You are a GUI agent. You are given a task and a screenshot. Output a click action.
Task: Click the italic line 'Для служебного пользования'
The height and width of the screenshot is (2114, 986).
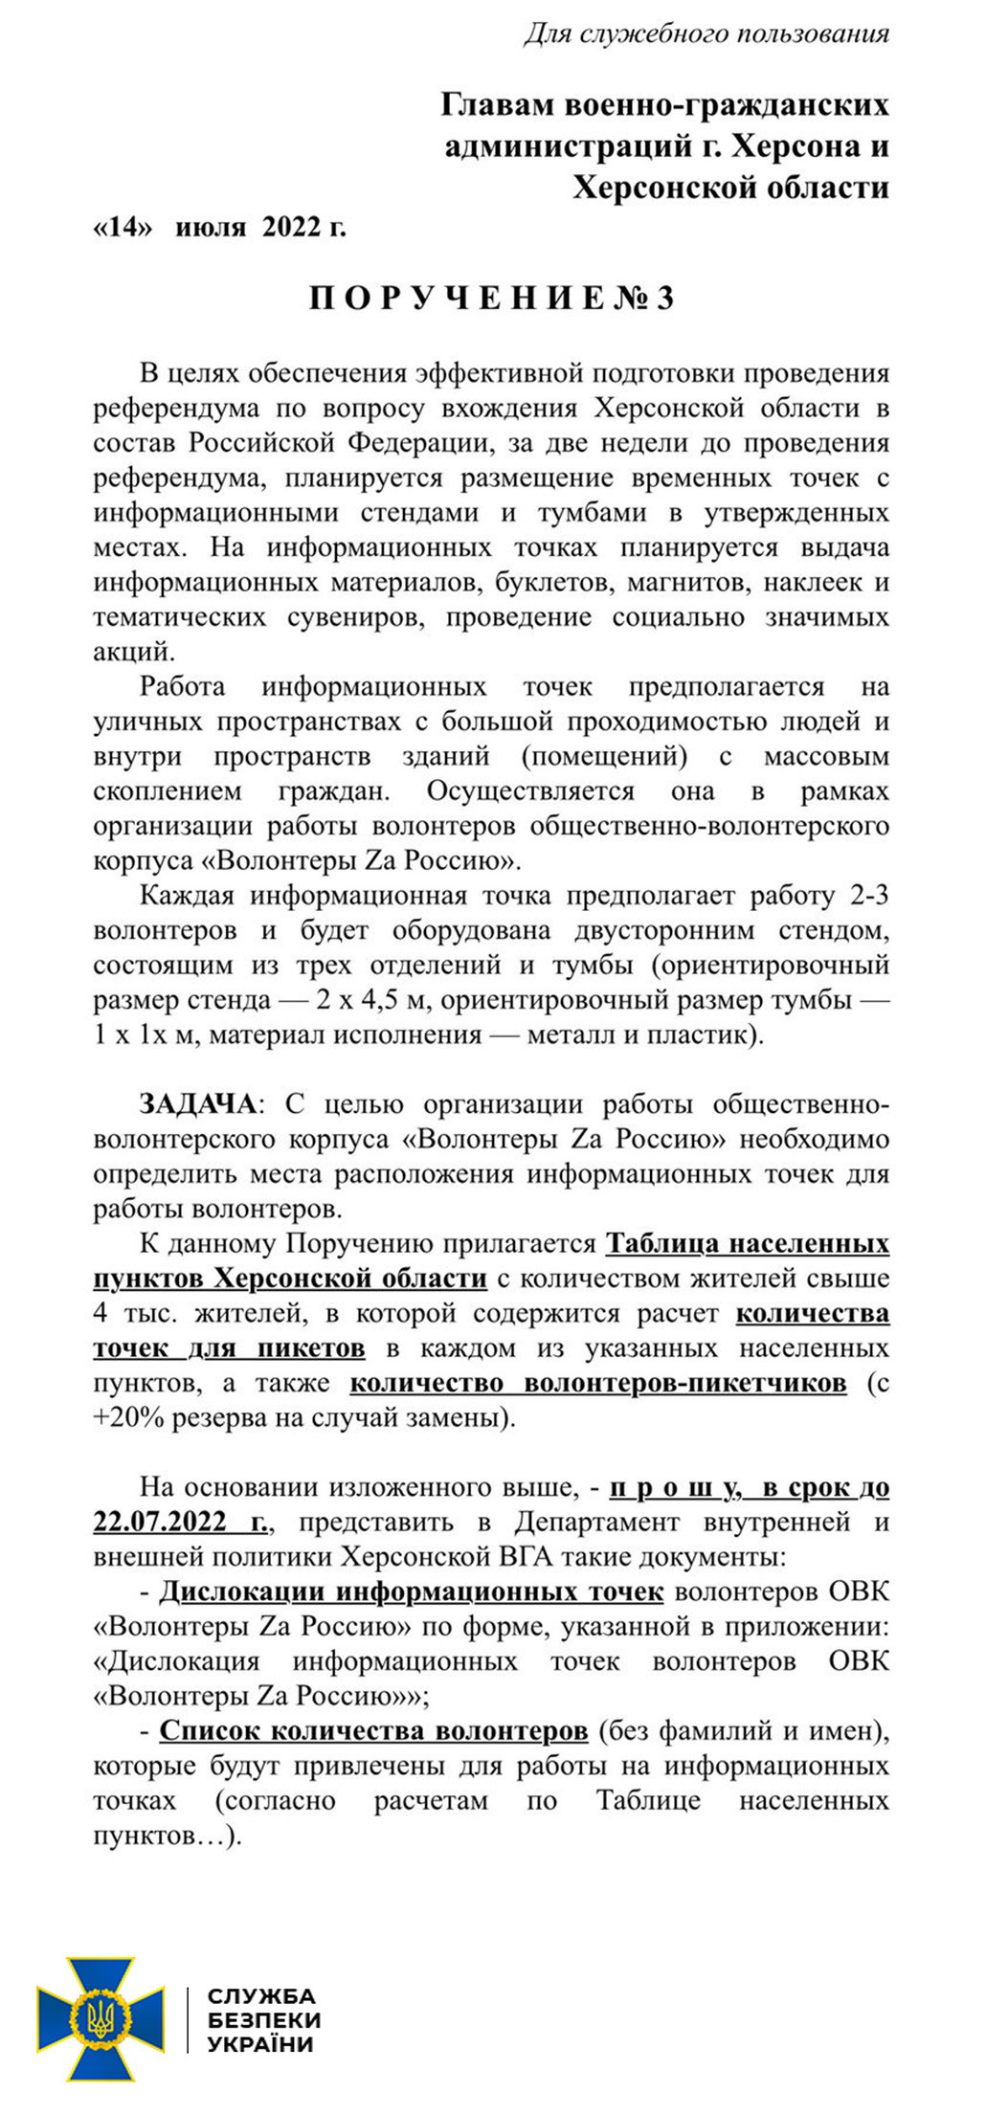706,34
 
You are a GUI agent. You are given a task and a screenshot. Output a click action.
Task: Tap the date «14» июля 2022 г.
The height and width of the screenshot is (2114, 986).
219,228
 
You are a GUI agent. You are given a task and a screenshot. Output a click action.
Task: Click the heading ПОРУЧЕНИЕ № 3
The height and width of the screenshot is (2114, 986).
492,299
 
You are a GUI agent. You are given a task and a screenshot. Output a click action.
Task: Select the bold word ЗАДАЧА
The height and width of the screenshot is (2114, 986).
198,1104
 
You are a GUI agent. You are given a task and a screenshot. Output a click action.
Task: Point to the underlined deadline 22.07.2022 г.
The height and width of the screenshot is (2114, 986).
182,1523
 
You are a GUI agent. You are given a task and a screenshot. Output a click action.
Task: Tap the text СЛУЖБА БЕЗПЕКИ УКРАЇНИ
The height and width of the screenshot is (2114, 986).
263,2019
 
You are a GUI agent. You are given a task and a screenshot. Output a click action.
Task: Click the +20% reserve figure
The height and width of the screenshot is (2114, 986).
120,1418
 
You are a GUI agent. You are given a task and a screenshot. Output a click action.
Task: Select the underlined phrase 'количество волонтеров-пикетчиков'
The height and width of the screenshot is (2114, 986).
598,1383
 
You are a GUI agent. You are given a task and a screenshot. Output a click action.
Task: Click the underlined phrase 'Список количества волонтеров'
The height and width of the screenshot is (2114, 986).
373,1731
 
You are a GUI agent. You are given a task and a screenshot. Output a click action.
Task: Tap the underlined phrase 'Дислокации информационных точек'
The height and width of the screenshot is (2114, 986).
412,1591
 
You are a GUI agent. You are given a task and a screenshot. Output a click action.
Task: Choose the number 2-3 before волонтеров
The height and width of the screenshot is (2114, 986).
869,896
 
